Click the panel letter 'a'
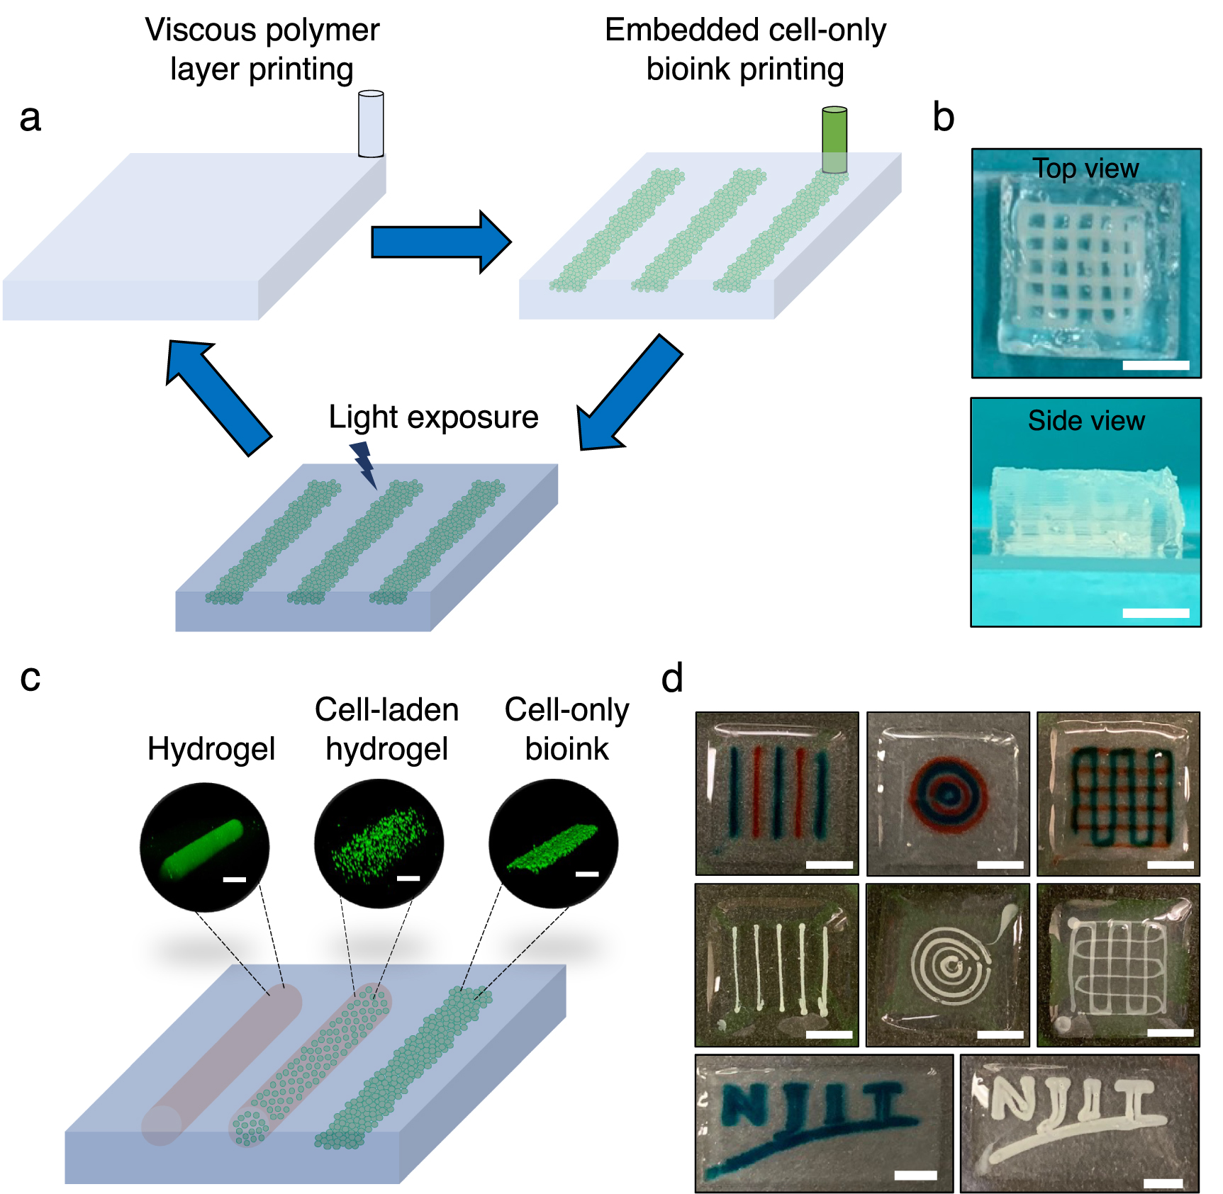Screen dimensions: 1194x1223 point(30,118)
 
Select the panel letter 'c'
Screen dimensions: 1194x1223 point(30,677)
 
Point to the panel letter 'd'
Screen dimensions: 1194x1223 point(671,679)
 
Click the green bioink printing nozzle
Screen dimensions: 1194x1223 point(834,140)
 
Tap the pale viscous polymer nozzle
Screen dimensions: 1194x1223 point(371,124)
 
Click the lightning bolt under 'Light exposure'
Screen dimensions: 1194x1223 point(364,463)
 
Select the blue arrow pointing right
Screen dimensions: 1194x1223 point(440,242)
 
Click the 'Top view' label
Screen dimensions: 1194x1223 point(1085,169)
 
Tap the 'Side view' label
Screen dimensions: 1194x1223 point(1085,421)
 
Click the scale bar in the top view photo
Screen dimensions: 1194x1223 point(1155,366)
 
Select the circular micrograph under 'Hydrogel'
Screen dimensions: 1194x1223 point(205,847)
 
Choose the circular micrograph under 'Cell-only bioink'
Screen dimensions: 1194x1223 point(553,843)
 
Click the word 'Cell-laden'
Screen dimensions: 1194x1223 point(386,710)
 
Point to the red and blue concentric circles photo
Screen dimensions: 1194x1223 point(947,794)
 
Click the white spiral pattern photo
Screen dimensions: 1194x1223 point(947,964)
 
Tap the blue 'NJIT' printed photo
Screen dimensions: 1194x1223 point(823,1123)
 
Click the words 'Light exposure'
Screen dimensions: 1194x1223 point(433,417)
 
